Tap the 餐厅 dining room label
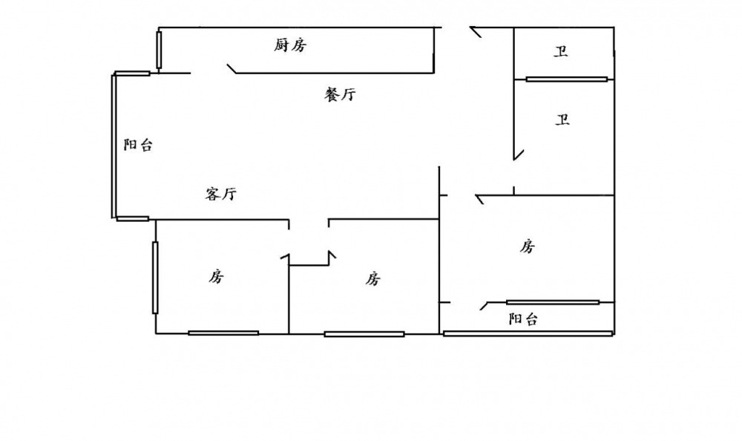tap(341, 94)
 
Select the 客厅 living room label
tap(220, 195)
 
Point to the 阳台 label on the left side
tap(138, 146)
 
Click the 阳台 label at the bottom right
tap(523, 319)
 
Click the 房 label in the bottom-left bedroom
tap(216, 277)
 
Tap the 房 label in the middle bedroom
tap(373, 278)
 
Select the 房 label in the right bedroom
tap(528, 246)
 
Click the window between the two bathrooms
tap(567, 79)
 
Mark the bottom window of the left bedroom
tap(223, 333)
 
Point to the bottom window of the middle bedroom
tap(364, 334)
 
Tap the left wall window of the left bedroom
tap(155, 277)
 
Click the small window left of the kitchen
tap(159, 49)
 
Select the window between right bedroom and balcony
tap(553, 302)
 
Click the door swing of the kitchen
tap(232, 68)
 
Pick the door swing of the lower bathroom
tap(518, 154)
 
